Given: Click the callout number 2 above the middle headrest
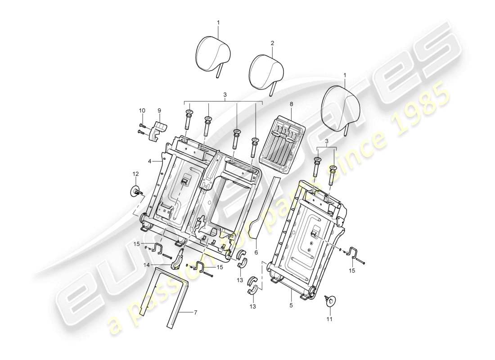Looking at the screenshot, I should [272, 43].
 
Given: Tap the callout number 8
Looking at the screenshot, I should [291, 104].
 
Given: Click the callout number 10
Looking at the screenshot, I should [142, 110].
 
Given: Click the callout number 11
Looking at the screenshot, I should [329, 319].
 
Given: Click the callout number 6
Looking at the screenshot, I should [256, 252].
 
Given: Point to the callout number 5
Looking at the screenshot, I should [291, 305].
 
